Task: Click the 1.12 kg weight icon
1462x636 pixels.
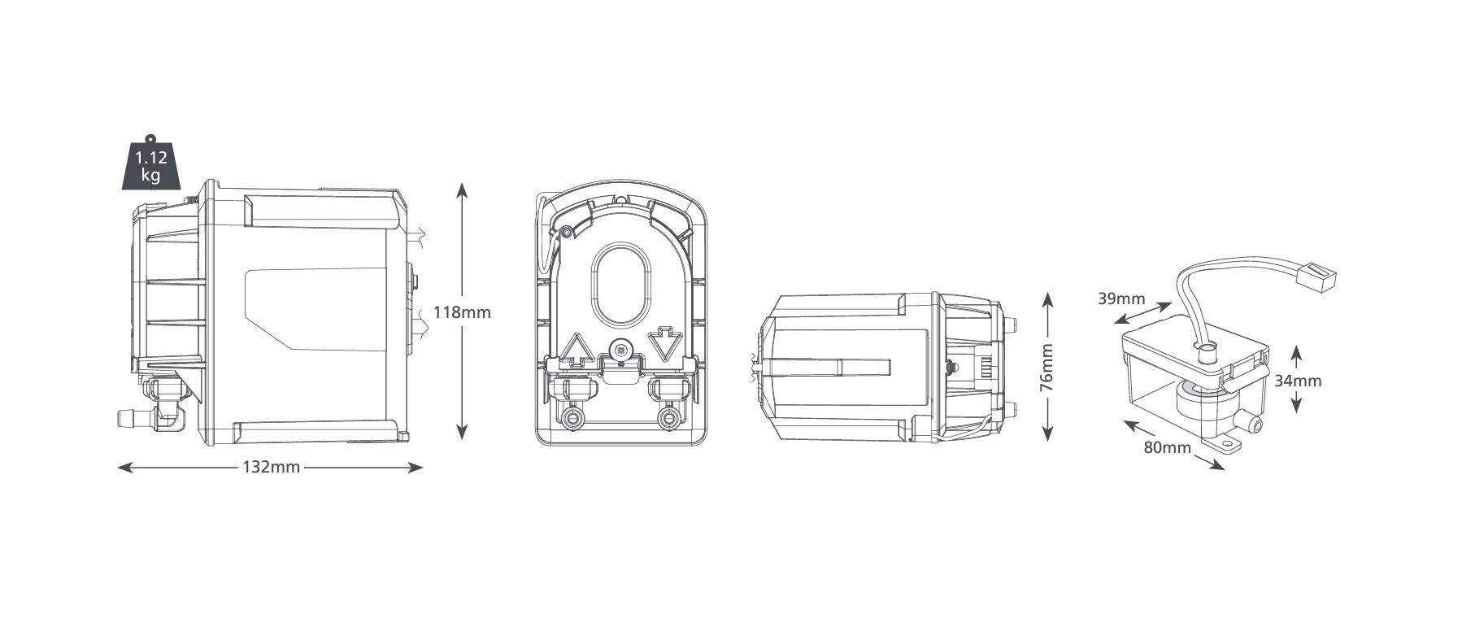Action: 150,166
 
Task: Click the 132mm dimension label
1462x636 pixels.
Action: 271,467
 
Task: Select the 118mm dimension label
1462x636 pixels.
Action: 462,311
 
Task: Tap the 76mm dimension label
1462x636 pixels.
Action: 1046,368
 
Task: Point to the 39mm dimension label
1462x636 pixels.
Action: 1121,298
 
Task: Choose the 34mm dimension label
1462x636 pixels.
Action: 1297,380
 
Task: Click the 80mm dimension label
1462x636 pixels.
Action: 1167,447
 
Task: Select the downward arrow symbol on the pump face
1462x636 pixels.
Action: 665,344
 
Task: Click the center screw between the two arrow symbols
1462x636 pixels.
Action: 622,351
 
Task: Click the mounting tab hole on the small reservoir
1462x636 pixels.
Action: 1229,444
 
